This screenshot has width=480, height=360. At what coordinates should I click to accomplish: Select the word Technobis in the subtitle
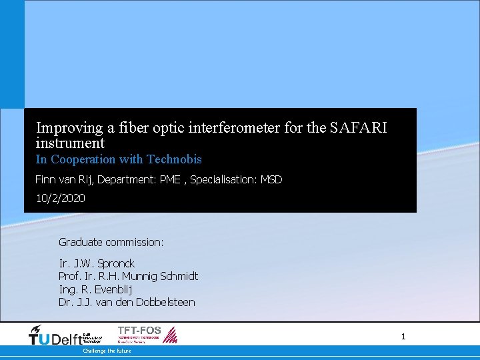pyautogui.click(x=174, y=159)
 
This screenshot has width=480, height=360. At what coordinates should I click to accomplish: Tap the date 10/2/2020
pyautogui.click(x=60, y=199)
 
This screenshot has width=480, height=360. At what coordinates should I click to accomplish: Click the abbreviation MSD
pyautogui.click(x=271, y=179)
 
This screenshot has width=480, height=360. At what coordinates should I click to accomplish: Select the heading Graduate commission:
pyautogui.click(x=111, y=242)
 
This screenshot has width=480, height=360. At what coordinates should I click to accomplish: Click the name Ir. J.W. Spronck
pyautogui.click(x=97, y=263)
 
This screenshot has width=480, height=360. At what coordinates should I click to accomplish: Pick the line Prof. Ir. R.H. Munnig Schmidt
pyautogui.click(x=128, y=276)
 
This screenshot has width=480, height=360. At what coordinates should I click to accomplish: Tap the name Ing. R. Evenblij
pyautogui.click(x=95, y=289)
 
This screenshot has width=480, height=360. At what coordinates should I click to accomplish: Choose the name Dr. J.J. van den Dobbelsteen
pyautogui.click(x=127, y=302)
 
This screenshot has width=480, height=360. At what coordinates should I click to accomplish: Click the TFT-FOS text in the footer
pyautogui.click(x=139, y=330)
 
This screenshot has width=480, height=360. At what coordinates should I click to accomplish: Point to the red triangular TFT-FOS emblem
pyautogui.click(x=171, y=335)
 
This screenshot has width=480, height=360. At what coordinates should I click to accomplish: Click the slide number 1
pyautogui.click(x=403, y=337)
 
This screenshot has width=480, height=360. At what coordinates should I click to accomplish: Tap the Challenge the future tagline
pyautogui.click(x=107, y=351)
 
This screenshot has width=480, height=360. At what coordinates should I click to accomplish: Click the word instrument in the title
pyautogui.click(x=70, y=143)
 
